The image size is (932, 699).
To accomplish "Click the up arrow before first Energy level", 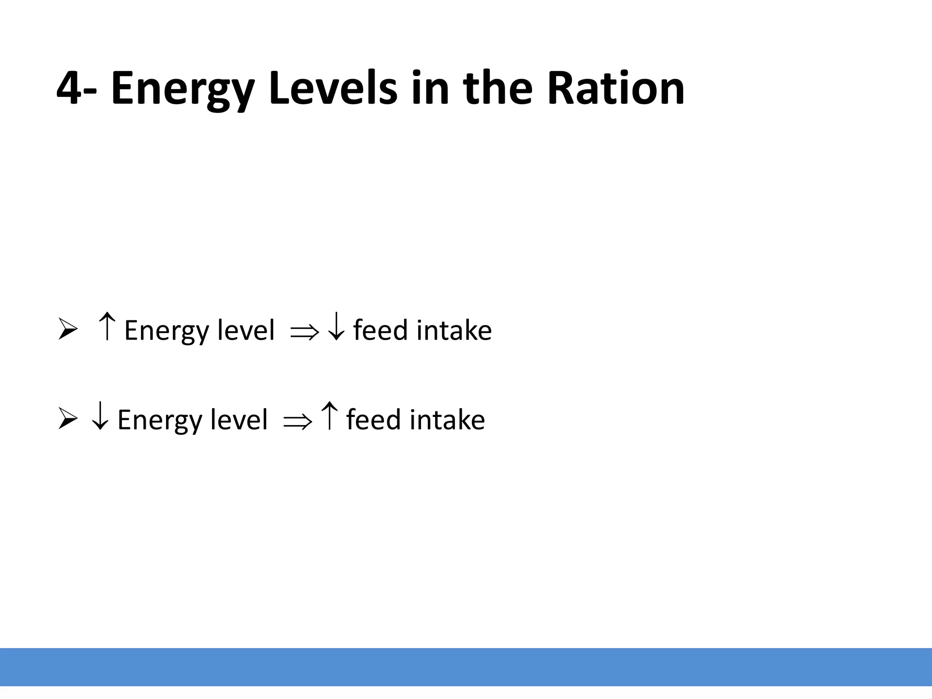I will click(107, 326).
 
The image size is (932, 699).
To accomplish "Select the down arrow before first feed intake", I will click(336, 326).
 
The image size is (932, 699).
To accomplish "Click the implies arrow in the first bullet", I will click(304, 332).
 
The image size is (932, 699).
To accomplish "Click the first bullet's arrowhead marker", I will click(67, 329).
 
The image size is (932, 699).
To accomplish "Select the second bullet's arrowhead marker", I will click(67, 419).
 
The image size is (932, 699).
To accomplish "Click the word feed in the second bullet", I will click(373, 420).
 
